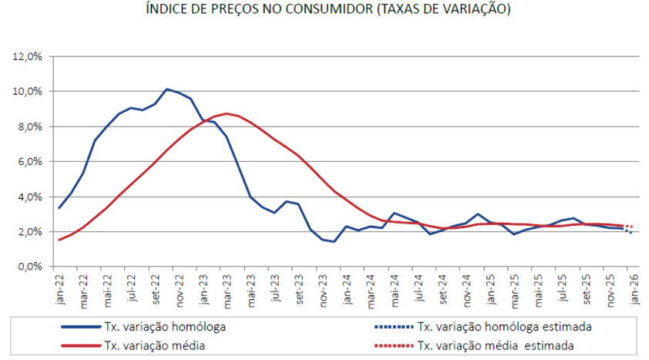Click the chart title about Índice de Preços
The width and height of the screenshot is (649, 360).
click(328, 9)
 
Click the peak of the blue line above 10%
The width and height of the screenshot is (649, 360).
click(167, 89)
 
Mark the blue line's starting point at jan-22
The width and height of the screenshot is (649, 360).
click(59, 208)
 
